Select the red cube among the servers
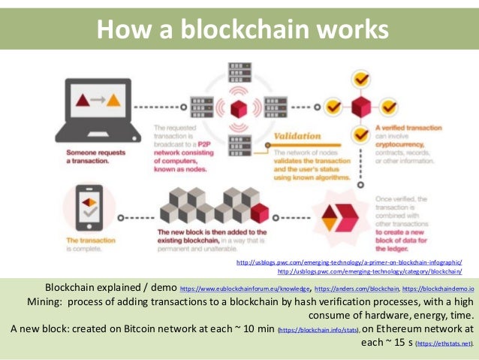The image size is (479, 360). (x=239, y=110)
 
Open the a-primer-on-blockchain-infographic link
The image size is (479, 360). (x=349, y=262)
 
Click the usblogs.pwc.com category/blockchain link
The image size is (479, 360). (x=370, y=271)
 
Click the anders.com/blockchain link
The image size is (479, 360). (x=357, y=289)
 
